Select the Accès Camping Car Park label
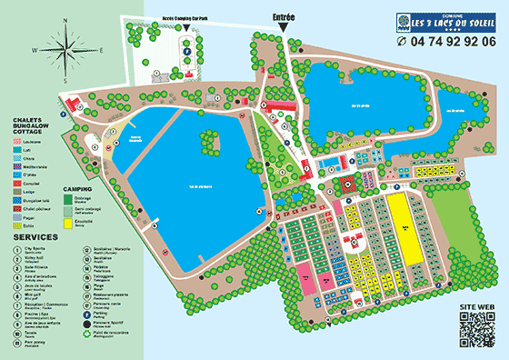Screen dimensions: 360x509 (x=187, y=18)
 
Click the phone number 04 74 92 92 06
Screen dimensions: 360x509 (x=446, y=42)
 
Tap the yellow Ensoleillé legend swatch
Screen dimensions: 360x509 (x=69, y=220)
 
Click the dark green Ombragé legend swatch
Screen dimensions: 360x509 (x=69, y=198)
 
